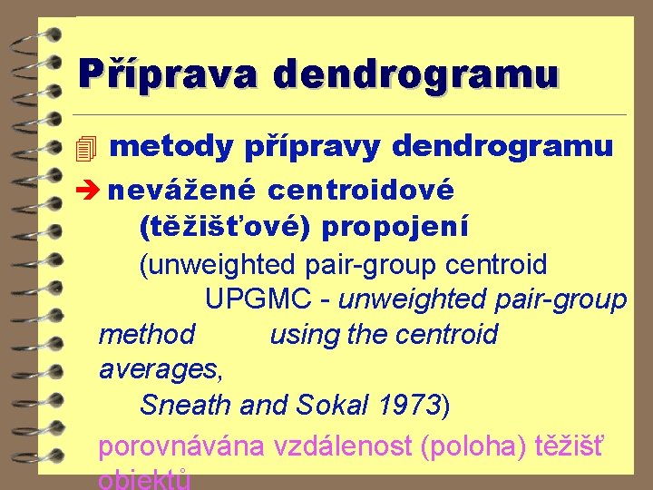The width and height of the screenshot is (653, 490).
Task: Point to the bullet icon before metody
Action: click(86, 147)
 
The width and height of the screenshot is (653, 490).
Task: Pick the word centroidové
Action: click(361, 191)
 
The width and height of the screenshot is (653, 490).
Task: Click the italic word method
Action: click(146, 335)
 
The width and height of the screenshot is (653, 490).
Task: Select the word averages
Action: click(160, 370)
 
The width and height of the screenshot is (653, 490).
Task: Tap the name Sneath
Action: click(185, 405)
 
